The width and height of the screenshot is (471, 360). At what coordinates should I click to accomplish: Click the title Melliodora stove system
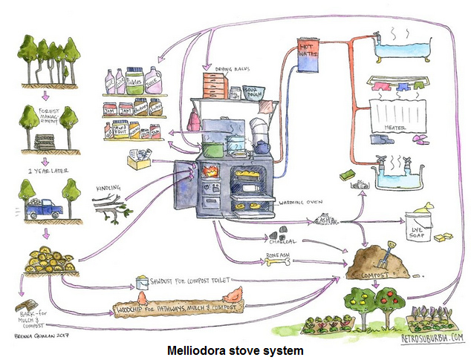coord(234,348)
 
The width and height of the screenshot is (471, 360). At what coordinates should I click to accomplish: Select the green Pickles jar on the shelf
coord(134,78)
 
